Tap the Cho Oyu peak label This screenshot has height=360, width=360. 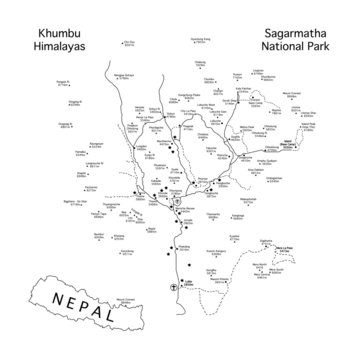pyautogui.click(x=127, y=43)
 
